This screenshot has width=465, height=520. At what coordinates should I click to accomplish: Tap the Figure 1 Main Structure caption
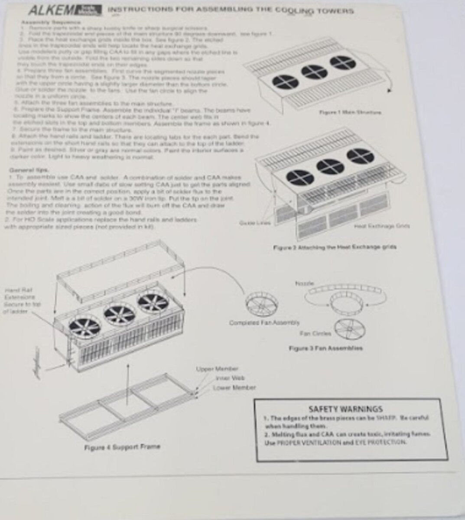click(x=350, y=113)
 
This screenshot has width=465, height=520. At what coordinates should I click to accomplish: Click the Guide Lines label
click(x=255, y=223)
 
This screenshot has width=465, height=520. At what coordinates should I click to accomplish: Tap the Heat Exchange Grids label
click(x=381, y=226)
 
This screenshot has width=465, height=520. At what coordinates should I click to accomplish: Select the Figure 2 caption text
click(x=335, y=247)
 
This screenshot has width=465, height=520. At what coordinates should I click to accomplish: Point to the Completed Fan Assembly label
click(x=264, y=322)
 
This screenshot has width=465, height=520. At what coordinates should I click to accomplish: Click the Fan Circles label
click(x=315, y=334)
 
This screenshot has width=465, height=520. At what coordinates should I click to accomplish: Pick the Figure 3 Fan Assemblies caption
click(x=325, y=348)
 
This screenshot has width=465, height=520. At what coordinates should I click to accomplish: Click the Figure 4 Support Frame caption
click(x=122, y=446)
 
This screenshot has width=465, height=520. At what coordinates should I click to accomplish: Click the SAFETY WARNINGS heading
click(x=345, y=409)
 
